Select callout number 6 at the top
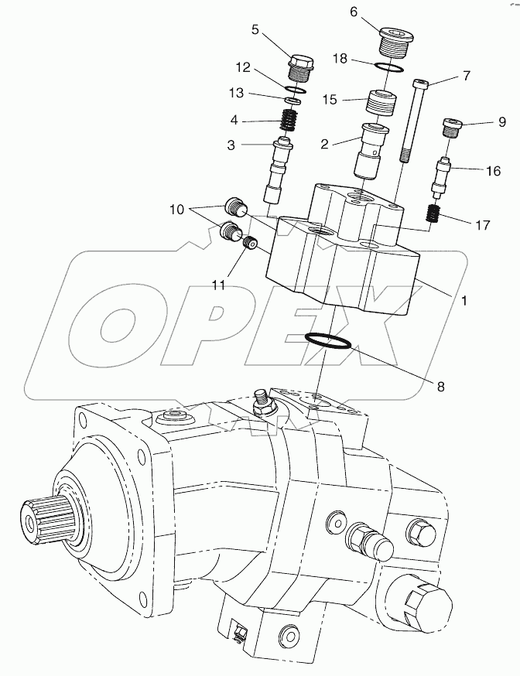354,12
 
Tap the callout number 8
440,386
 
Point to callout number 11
219,285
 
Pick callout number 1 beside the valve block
464,299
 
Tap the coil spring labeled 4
288,121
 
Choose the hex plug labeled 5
301,66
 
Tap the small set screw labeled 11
249,244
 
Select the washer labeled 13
291,101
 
